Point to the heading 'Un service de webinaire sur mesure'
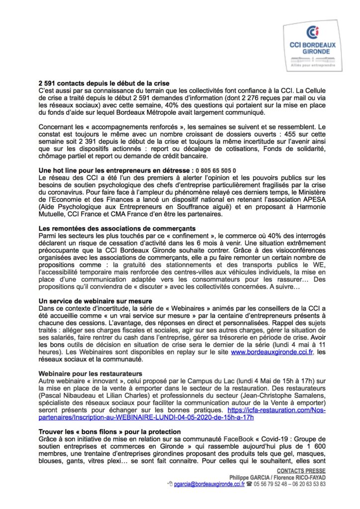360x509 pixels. (95, 301)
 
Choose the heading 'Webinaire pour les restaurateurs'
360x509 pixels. (90, 373)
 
